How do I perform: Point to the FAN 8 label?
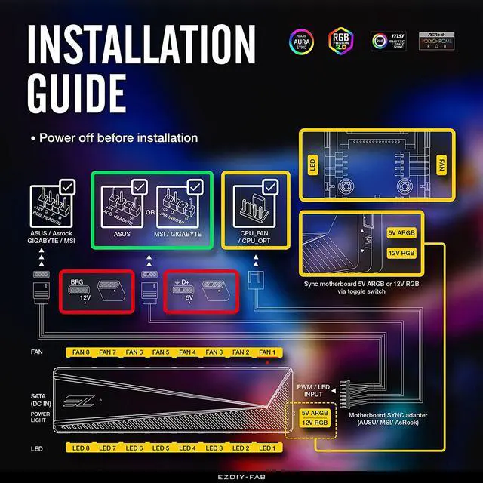[x=79, y=352]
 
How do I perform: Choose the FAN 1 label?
[x=267, y=352]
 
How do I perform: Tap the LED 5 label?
[x=160, y=448]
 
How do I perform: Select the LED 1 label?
[x=267, y=448]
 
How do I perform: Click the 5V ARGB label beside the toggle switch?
[x=401, y=234]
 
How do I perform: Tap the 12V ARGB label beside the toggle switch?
[x=401, y=253]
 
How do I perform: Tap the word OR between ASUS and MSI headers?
[x=150, y=212]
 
